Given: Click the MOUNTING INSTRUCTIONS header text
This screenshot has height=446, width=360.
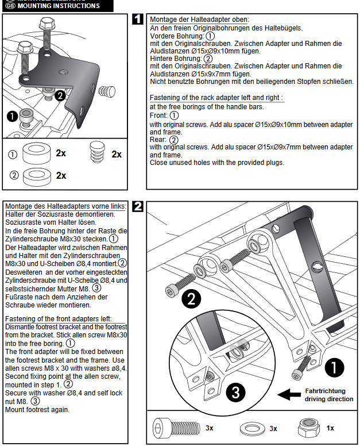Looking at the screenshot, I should (60, 6).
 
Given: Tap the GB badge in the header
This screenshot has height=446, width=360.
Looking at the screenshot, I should (9, 6).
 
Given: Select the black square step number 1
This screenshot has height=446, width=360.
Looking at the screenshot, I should (138, 20).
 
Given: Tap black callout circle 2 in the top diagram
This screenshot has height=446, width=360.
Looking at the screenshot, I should (59, 96).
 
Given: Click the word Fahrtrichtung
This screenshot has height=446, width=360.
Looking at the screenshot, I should (325, 390).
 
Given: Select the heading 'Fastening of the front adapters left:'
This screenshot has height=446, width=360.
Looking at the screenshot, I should (57, 319).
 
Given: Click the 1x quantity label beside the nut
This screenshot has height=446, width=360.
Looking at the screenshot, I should (331, 429).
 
